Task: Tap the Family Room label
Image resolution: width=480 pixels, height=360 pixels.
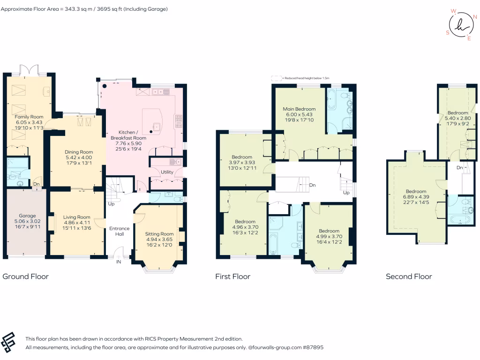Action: pos(29,116)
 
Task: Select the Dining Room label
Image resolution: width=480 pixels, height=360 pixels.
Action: pos(79,152)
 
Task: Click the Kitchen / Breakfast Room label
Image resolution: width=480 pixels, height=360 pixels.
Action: pos(128,135)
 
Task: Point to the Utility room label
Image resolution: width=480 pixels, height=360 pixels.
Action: pos(167,172)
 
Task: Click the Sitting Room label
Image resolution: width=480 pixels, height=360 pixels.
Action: pos(159,234)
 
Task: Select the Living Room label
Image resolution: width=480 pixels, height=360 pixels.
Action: pos(77,217)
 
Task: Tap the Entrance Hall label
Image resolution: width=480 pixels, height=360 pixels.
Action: pos(119,231)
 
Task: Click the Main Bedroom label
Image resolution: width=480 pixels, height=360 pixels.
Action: pos(299,109)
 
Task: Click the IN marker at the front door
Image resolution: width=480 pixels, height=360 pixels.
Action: pos(119,262)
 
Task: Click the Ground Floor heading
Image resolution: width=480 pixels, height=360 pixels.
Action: pos(26,277)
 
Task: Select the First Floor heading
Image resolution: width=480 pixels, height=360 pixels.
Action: pos(232,277)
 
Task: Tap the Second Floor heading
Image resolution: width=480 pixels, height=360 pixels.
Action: pos(409,277)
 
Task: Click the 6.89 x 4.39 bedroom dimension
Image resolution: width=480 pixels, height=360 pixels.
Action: pos(416,197)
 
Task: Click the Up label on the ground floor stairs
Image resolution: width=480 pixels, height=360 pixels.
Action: pos(111,204)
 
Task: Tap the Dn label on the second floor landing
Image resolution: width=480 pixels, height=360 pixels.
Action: pos(460,167)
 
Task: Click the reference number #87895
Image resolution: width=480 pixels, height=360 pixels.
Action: pos(312,348)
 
